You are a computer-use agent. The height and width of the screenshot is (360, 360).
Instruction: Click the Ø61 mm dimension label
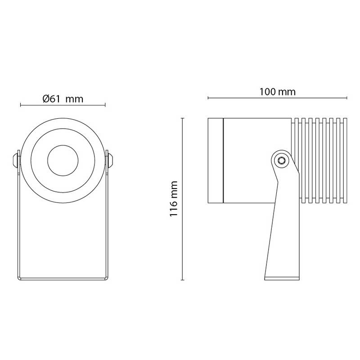[x=63, y=99]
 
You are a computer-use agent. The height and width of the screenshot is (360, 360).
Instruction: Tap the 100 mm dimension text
[x=277, y=92]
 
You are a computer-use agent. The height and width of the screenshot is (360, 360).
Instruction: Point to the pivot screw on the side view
[x=281, y=159]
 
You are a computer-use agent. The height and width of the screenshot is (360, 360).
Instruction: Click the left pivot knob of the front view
[x=15, y=159]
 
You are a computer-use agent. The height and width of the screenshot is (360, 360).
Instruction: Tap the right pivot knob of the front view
[x=110, y=159]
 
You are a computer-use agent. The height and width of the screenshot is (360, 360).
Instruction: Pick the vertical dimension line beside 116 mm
[x=182, y=198]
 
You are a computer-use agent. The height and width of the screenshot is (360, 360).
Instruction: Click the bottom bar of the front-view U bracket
[x=63, y=278]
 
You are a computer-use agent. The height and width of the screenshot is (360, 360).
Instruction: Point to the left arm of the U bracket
[x=18, y=225]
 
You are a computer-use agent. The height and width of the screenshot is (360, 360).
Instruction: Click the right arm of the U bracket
[x=108, y=225]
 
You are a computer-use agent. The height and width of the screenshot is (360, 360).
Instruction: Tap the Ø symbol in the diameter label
[x=46, y=99]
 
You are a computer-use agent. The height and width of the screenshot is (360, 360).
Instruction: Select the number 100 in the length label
[x=268, y=92]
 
